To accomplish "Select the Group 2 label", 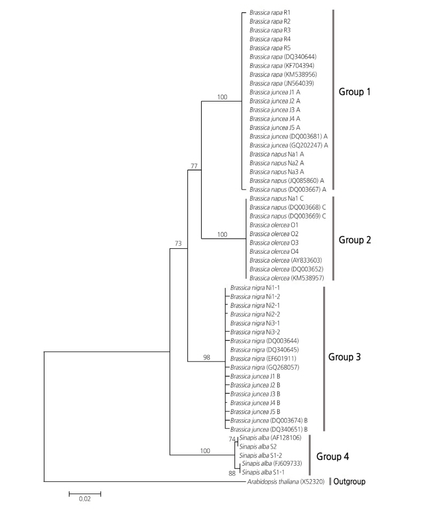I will (x=355, y=239).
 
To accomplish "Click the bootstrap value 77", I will (x=195, y=167).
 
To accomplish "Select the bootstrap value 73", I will (x=178, y=244).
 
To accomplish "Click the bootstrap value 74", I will (x=232, y=438).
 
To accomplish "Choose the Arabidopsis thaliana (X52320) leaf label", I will (x=286, y=482).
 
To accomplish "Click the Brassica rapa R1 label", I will (x=269, y=12).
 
